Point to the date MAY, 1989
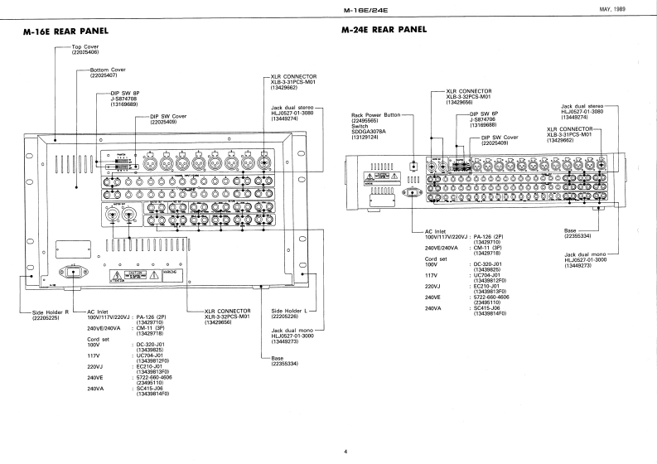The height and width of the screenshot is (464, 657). (632, 9)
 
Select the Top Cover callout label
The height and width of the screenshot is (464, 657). (86, 47)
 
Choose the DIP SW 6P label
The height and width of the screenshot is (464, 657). (486, 114)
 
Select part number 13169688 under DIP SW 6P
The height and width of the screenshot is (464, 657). (486, 125)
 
